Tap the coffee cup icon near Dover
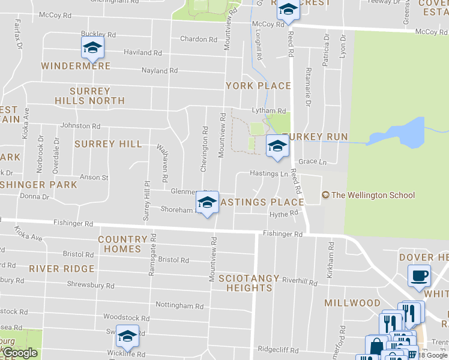[x=419, y=275]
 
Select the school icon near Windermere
[x=92, y=47]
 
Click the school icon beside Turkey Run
[x=277, y=146]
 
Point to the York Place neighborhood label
[x=258, y=86]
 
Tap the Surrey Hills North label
[x=90, y=96]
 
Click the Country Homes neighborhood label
[x=122, y=244]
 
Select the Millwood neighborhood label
[x=352, y=303]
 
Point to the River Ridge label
[x=62, y=268]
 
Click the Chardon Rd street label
[x=199, y=40]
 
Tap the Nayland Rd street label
[x=160, y=71]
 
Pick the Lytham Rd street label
[x=269, y=111]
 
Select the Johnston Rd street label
[x=80, y=126]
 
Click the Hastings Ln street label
[x=270, y=174]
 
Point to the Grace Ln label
[x=312, y=162]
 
